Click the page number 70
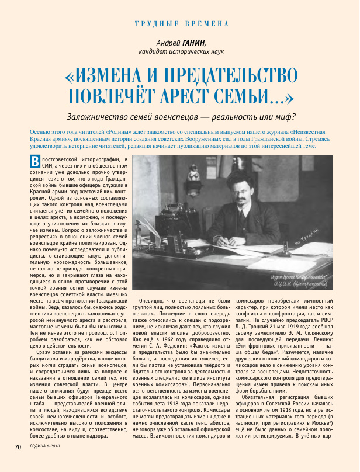pos(18,463)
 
